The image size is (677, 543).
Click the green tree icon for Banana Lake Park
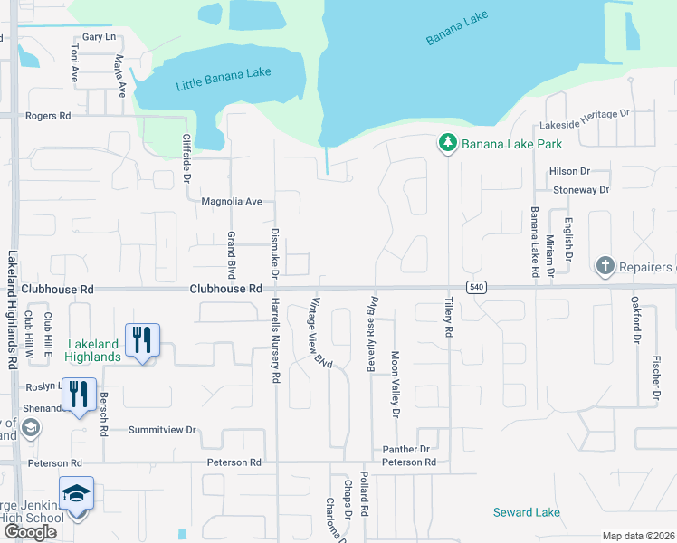[x=446, y=143]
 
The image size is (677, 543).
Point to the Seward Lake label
[x=527, y=512]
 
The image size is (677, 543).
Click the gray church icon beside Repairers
[x=605, y=266]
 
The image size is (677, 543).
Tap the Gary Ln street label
[x=99, y=37]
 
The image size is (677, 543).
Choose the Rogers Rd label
[x=48, y=116]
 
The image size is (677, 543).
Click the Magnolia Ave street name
[x=231, y=201]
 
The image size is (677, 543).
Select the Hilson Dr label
[x=569, y=171]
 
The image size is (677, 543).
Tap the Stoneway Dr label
[x=581, y=190]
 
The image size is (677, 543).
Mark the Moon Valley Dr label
[x=395, y=384]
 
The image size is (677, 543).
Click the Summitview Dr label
[x=162, y=430]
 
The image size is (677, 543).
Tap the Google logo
[x=30, y=532]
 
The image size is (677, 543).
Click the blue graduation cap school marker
[x=77, y=493]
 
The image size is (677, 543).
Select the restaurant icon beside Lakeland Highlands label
[x=142, y=339]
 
